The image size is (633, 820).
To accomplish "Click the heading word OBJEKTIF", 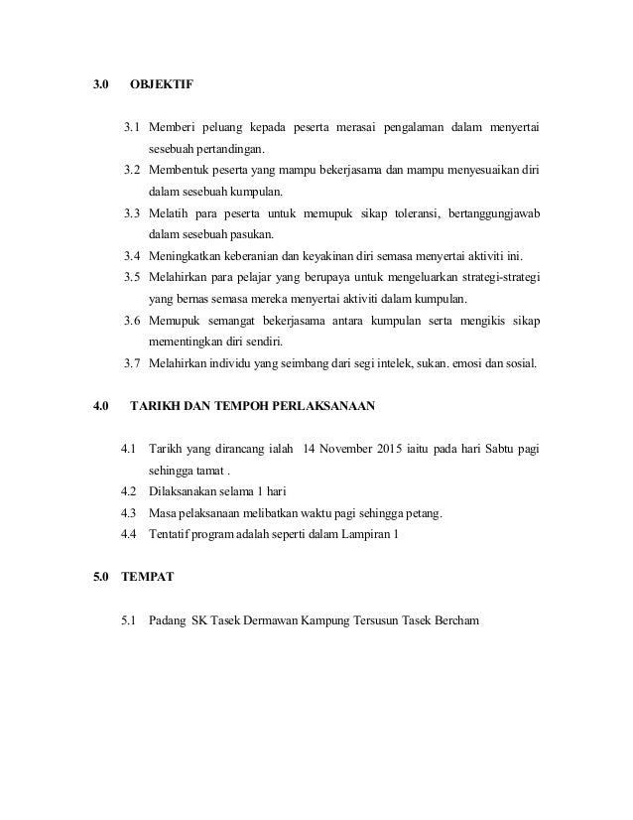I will [x=162, y=85].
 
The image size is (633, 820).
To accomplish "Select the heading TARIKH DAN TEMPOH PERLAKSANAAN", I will [x=253, y=405].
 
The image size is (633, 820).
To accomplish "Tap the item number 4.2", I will [x=128, y=491].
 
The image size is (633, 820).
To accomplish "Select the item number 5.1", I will [x=128, y=621].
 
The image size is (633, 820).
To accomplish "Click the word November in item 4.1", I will [x=342, y=449].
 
